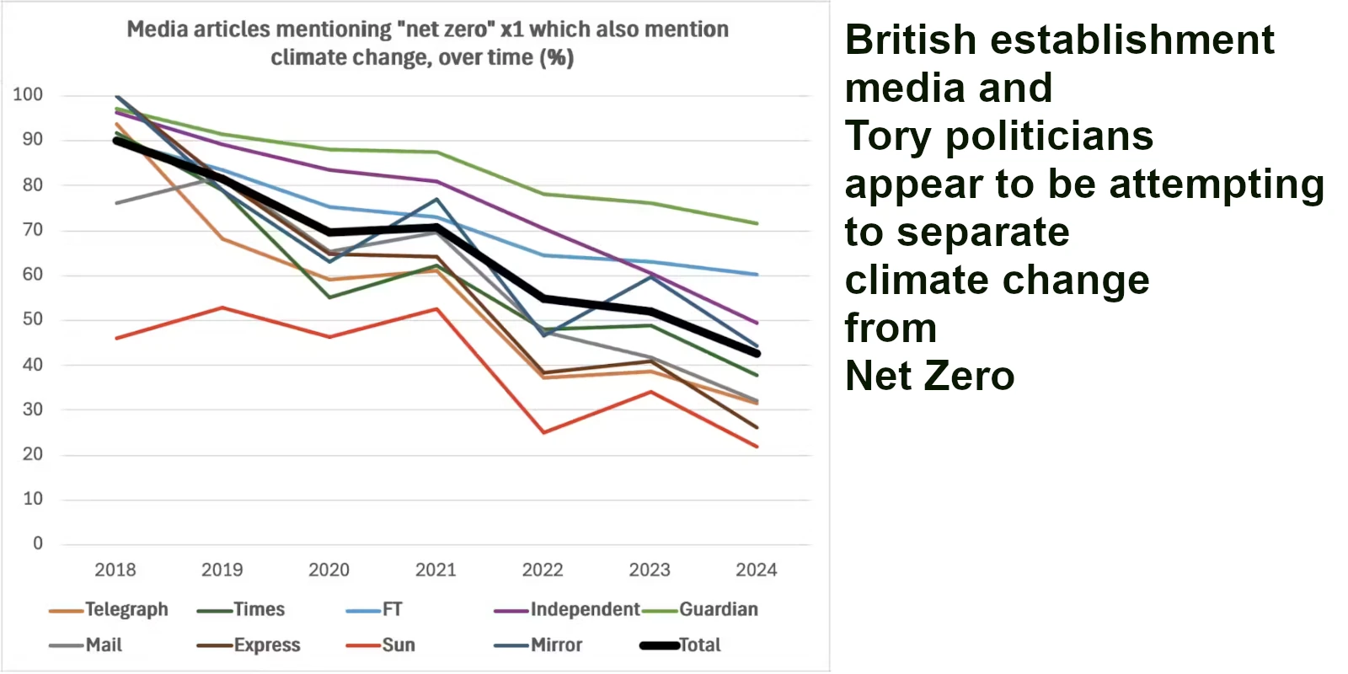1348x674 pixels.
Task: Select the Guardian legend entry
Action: coord(718,609)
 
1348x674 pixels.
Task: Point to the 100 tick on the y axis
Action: coord(28,94)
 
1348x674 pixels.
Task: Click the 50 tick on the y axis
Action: coord(32,319)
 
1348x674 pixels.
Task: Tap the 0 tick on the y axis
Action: coord(37,543)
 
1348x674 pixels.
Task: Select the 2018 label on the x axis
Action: coord(115,570)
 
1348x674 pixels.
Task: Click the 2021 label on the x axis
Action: coord(436,570)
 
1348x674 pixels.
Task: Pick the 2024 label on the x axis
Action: coord(756,570)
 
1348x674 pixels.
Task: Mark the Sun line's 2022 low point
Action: coord(543,432)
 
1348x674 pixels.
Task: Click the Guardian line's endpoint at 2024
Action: coord(757,223)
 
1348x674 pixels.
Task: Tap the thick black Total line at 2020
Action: coord(329,232)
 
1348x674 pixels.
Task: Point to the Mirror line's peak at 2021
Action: coord(436,200)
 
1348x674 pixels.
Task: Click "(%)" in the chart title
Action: coord(557,58)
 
